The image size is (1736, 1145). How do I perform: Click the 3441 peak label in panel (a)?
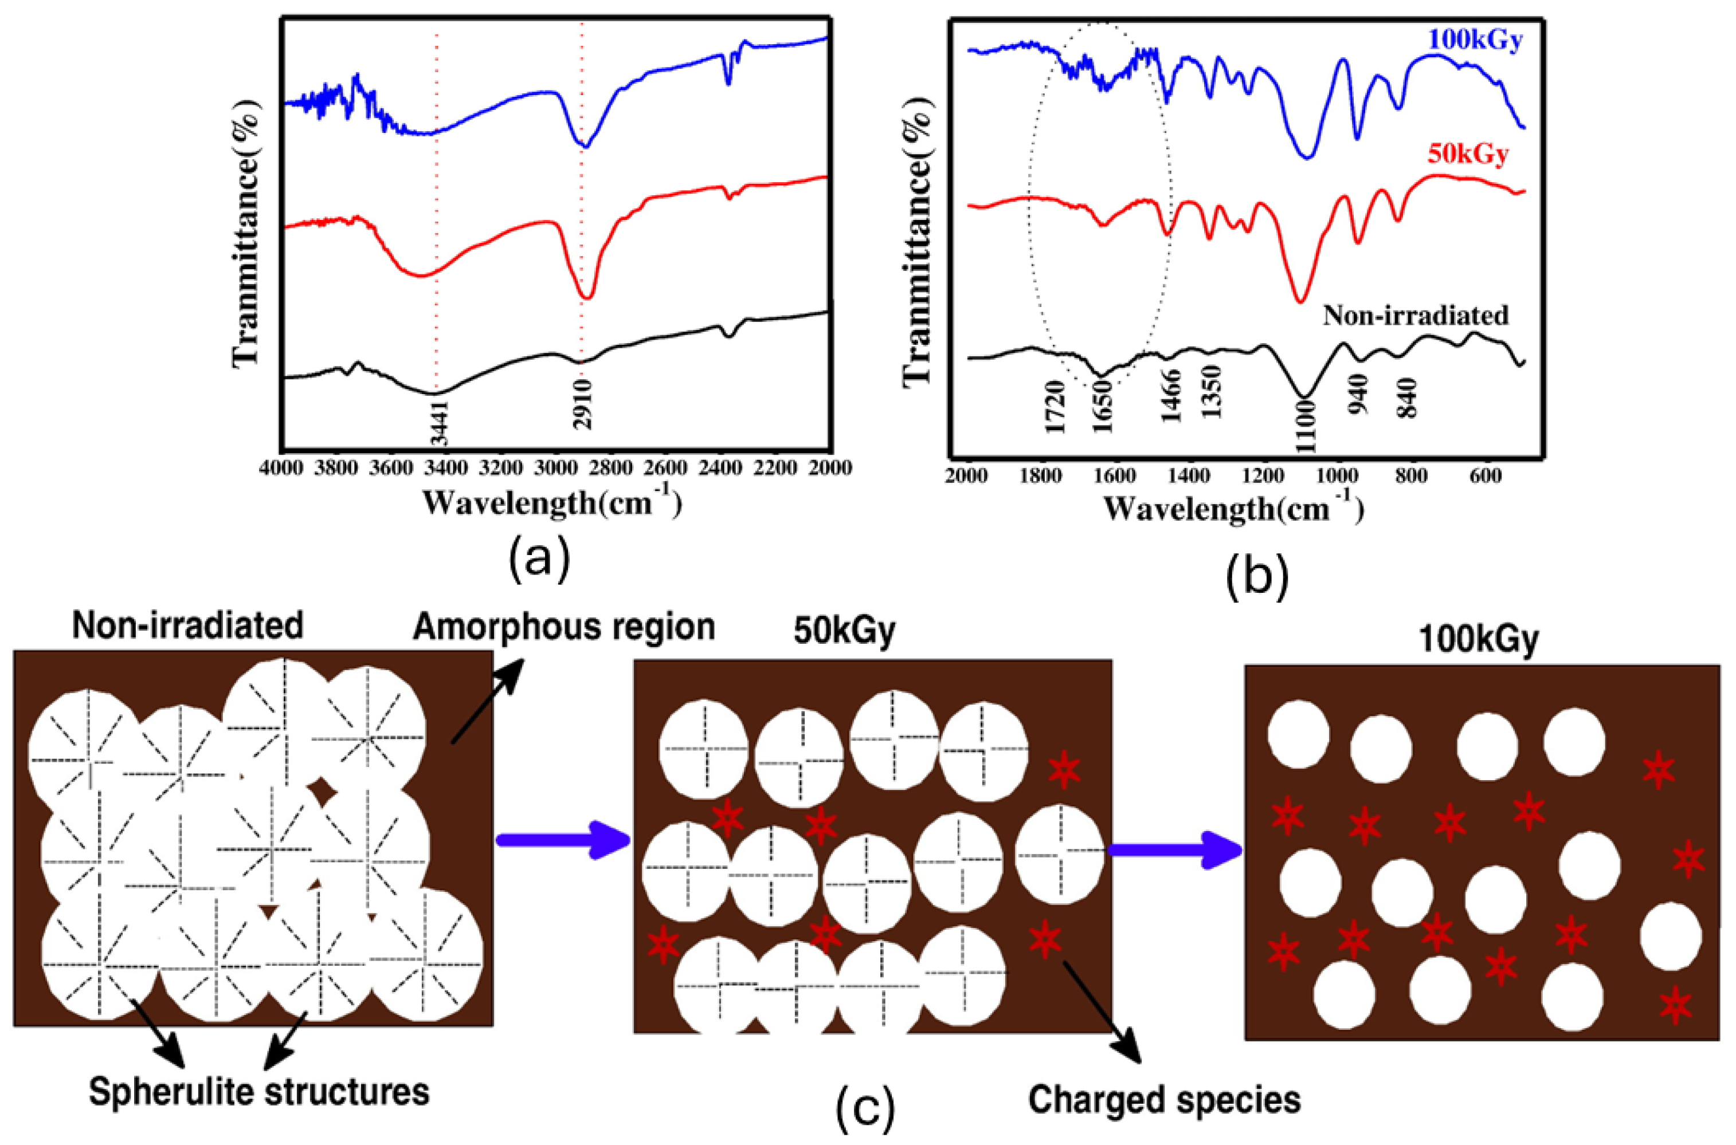click(438, 423)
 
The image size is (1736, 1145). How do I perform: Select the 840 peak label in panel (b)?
click(1406, 398)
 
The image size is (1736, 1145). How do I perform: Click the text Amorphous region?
click(563, 628)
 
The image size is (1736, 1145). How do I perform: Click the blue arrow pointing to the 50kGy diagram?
click(563, 841)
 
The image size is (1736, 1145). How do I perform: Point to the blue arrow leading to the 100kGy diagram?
click(1175, 850)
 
